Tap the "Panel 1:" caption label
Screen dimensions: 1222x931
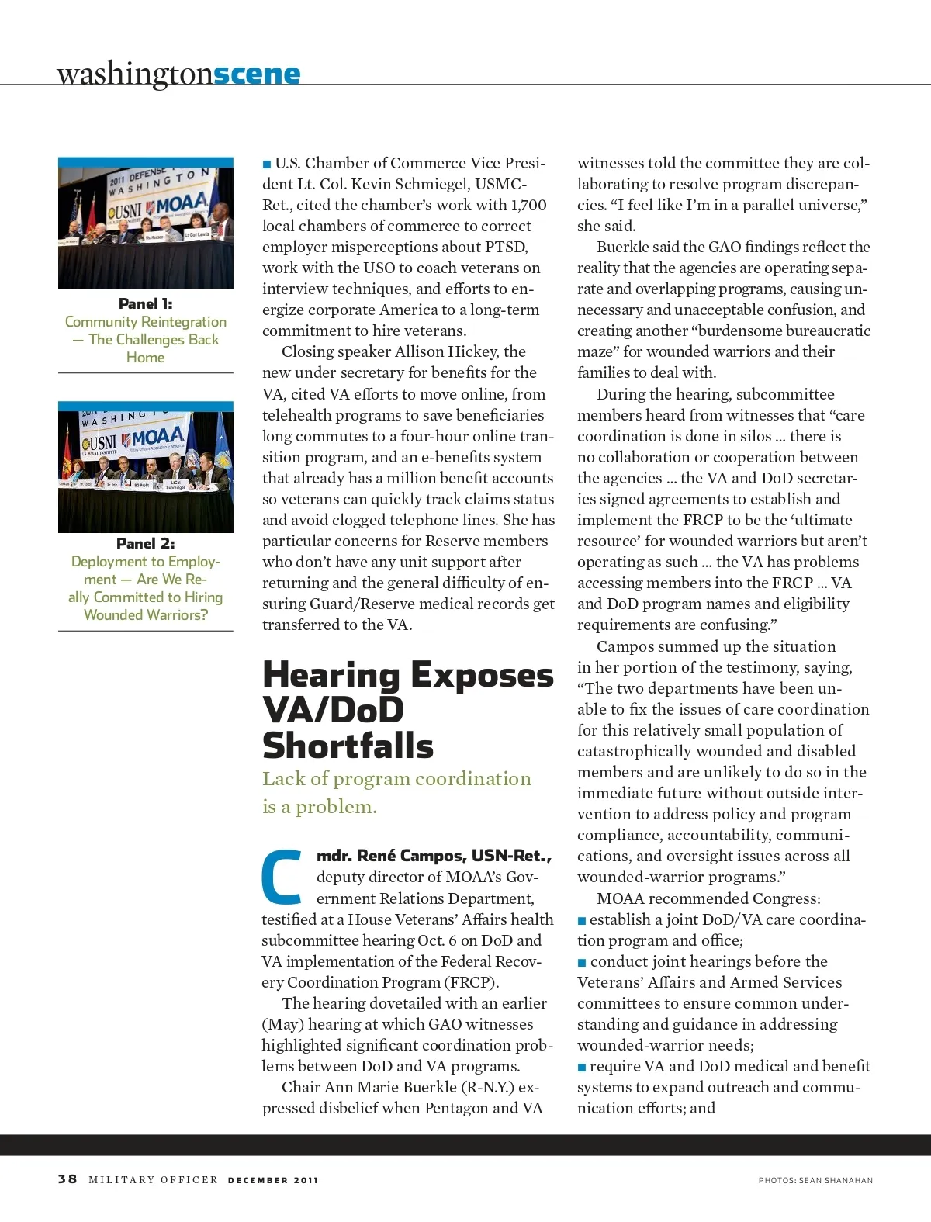(145, 303)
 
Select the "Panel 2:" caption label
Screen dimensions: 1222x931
(145, 543)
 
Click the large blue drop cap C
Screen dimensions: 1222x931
(282, 878)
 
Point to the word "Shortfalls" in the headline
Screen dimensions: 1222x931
(348, 746)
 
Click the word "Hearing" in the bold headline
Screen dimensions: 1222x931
(331, 674)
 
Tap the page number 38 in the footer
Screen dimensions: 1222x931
(67, 1179)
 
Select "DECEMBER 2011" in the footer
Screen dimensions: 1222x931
(273, 1180)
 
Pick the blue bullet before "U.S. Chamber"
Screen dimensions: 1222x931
(267, 164)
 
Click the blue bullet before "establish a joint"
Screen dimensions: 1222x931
(582, 920)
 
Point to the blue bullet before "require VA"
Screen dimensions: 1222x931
(582, 1067)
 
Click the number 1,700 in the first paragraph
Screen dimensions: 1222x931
(528, 205)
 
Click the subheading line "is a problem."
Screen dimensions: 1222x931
(319, 807)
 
